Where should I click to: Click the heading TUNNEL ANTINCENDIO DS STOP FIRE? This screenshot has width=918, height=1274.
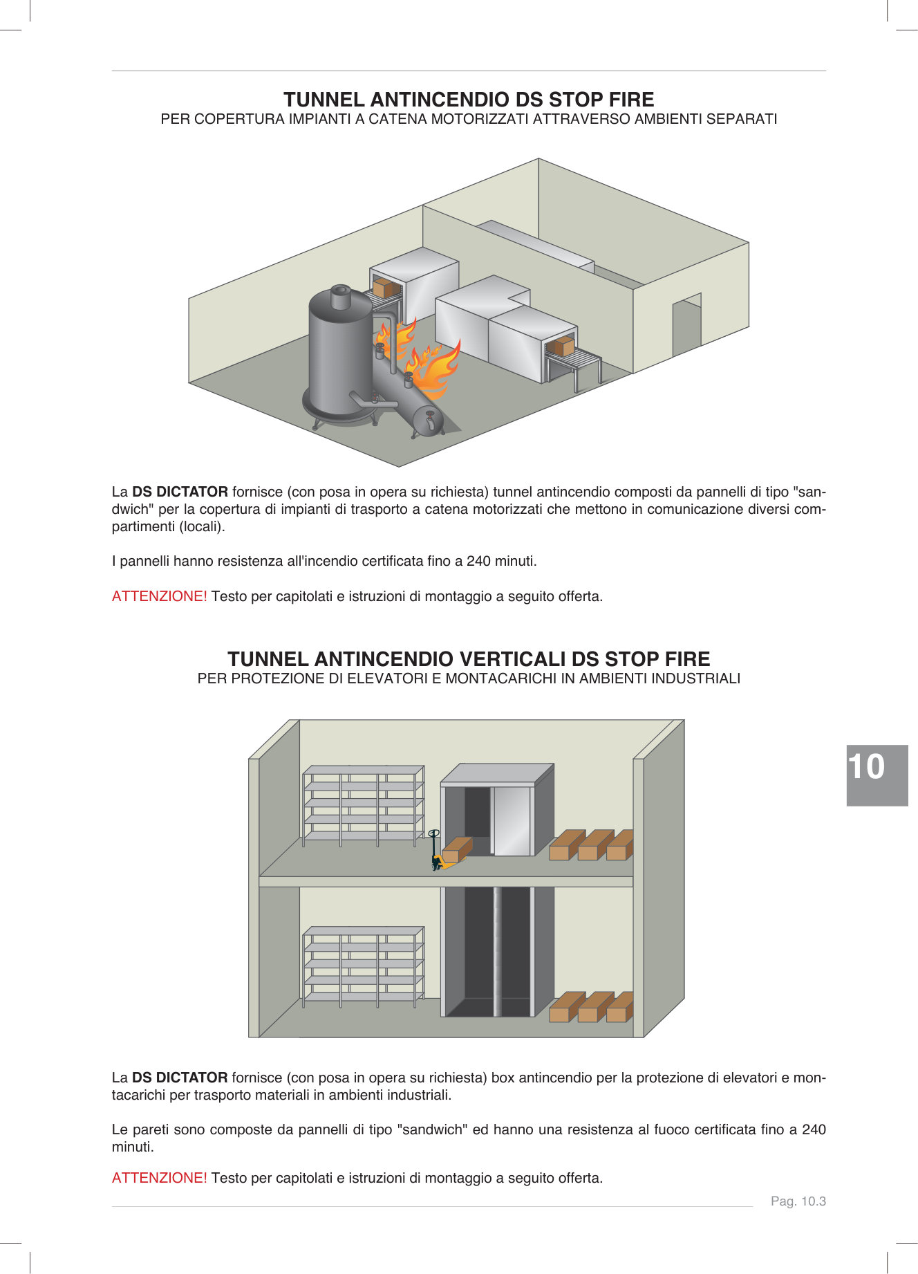(x=469, y=100)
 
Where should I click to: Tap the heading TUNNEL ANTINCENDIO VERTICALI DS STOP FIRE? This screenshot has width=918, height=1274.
(x=469, y=658)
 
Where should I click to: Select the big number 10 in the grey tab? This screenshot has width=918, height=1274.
(x=866, y=767)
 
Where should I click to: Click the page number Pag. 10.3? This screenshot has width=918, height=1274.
(x=798, y=1201)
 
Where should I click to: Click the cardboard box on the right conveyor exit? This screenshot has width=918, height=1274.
(x=563, y=346)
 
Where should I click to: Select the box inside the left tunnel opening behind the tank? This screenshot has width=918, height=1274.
(x=383, y=288)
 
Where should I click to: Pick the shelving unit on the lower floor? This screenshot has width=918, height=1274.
(x=362, y=966)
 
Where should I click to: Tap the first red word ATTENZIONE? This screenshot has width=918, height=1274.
(x=159, y=596)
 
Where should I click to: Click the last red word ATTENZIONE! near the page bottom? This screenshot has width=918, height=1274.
(x=159, y=1178)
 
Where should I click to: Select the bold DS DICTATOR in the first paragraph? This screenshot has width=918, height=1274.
(x=180, y=492)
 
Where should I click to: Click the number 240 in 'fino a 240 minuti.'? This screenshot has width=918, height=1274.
(x=478, y=561)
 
